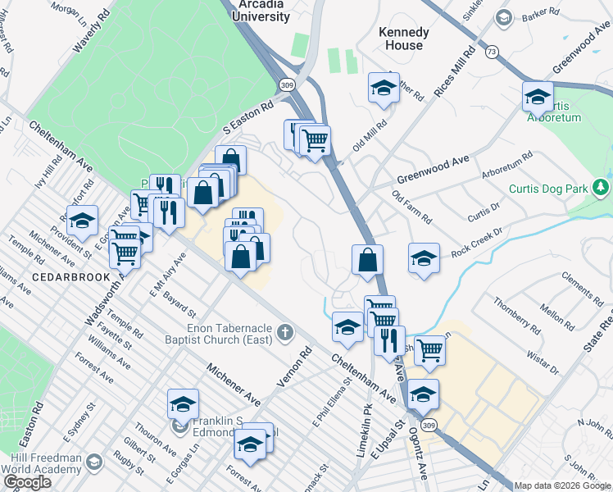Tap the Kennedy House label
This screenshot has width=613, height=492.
click(403, 39)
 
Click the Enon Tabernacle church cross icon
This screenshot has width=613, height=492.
click(284, 332)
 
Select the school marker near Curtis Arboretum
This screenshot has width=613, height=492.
click(538, 96)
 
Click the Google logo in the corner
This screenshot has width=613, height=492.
click(26, 481)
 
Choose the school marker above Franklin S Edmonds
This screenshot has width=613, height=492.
click(183, 403)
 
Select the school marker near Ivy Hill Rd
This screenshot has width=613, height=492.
click(82, 219)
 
